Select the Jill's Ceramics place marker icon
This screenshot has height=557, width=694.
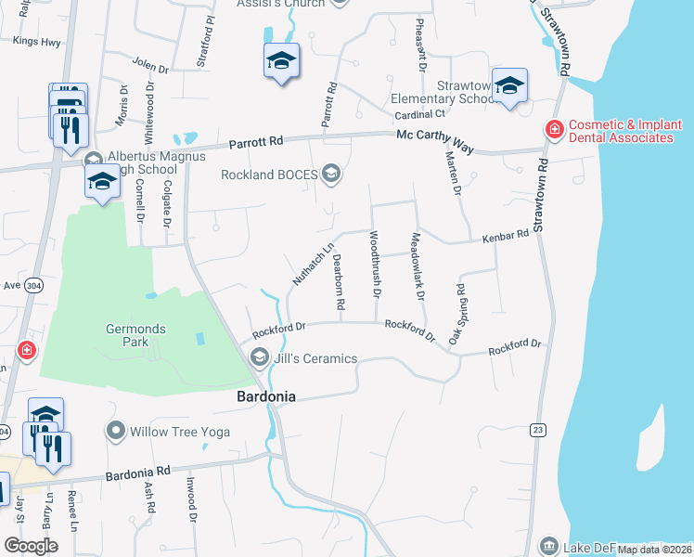coord(260,358)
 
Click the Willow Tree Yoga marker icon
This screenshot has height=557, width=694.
coord(116,431)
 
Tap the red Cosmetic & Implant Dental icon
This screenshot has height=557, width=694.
coord(554,130)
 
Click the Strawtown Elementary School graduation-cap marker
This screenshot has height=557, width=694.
coord(509,86)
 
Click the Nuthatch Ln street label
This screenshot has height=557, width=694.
coord(313,265)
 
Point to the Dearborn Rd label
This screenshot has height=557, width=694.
coord(340,282)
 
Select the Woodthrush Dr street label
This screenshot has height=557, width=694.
coord(375,264)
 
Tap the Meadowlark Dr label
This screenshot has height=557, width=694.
coord(417,266)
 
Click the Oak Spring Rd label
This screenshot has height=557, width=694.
coord(457,316)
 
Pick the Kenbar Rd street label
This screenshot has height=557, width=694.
coord(505,237)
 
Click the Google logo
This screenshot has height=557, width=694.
coord(31,545)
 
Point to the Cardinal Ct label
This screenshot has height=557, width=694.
coord(419,114)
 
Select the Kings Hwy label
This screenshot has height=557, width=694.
coord(36,41)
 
